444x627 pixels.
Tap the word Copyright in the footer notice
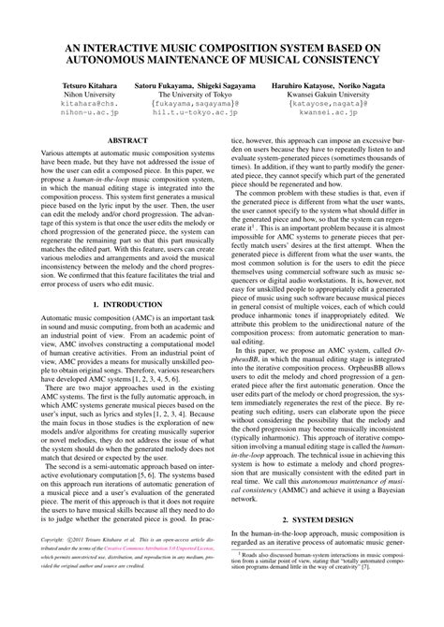(x=52, y=566)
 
